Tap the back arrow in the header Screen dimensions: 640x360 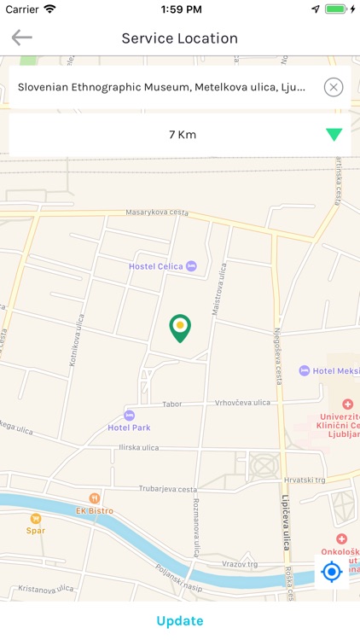21,38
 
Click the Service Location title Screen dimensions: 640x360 179,38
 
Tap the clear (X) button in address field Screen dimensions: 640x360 334,87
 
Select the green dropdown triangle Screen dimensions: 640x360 334,135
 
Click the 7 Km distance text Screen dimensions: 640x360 182,135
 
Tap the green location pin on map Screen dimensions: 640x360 179,328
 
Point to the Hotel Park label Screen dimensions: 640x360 129,427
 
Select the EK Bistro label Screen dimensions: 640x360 94,510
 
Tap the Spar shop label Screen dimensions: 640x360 36,529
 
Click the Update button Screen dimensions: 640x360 180,620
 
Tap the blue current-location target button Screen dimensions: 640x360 332,571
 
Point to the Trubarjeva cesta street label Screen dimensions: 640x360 167,490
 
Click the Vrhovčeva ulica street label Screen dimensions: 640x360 241,403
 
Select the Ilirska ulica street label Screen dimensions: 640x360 137,447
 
